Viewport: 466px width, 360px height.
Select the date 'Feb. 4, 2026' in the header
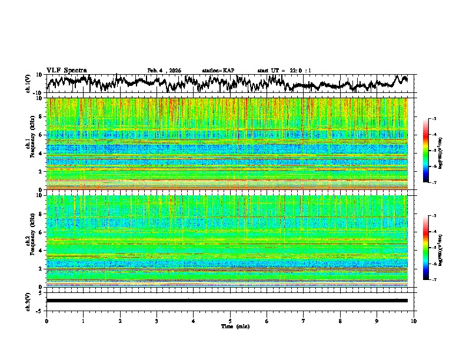click(x=164, y=71)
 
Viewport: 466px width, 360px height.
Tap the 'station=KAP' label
click(x=218, y=71)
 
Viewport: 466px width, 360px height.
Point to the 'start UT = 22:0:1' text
click(x=284, y=71)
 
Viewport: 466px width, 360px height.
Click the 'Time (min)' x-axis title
click(x=230, y=326)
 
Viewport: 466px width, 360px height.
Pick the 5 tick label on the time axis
click(x=230, y=321)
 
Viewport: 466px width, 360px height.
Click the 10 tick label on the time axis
click(x=414, y=321)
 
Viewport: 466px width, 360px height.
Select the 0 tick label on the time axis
click(x=46, y=321)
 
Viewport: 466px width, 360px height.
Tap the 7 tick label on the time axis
click(x=304, y=321)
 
